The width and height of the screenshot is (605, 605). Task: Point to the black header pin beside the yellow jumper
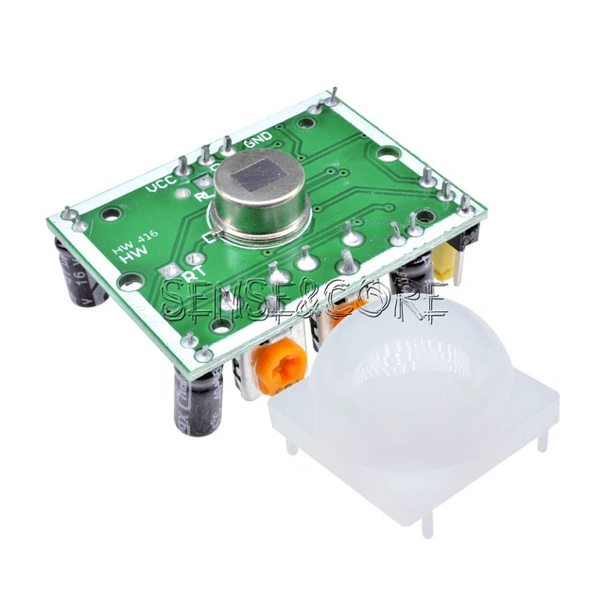(470, 242)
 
